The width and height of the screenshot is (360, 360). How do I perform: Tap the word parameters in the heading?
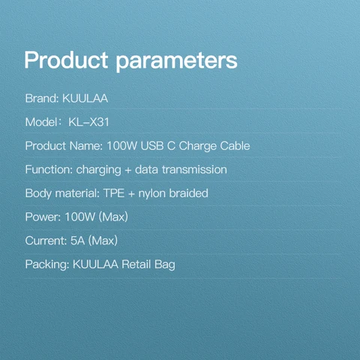pos(176,60)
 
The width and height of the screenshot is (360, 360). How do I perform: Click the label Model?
pos(41,122)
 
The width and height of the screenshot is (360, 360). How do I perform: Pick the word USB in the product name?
pos(154,145)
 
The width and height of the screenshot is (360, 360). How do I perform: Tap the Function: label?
pos(49,169)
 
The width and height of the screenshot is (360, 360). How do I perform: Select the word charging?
pos(100,169)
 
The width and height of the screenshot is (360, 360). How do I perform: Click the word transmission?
pos(195,169)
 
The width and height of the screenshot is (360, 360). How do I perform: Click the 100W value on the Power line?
pos(79,217)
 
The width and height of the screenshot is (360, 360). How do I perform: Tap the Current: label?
pos(46,241)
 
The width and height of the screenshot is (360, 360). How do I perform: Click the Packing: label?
pos(47,265)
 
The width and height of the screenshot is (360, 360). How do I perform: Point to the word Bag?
pos(164,265)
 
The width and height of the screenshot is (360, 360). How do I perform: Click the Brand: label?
pos(41,98)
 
